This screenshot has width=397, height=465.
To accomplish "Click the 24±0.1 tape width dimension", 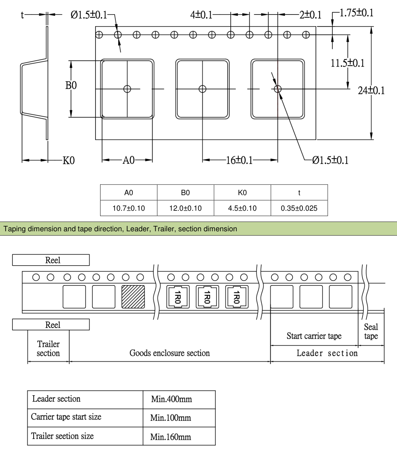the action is [371, 90].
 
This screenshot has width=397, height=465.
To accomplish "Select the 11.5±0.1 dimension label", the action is [347, 63].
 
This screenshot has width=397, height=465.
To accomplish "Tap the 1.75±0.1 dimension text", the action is [356, 13].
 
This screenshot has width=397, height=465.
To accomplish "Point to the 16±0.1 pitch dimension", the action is [239, 160].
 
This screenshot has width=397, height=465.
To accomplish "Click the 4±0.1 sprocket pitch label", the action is [201, 15].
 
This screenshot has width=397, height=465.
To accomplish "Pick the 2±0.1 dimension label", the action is [310, 15].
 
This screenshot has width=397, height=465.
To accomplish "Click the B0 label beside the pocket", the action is [71, 85].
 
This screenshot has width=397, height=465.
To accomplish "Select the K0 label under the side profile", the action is [69, 160].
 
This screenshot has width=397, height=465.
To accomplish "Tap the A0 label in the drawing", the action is [128, 160].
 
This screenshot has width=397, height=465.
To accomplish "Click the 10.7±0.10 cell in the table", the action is [128, 208].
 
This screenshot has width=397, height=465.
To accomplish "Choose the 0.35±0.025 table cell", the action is [299, 208].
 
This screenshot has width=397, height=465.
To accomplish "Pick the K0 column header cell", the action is [242, 193].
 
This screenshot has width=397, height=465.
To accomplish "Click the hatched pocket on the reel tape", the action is [133, 297].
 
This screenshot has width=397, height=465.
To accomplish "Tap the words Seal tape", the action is [371, 331].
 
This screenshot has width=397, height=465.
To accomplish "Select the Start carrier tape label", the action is [314, 336].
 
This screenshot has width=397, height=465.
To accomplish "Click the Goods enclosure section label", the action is [169, 353].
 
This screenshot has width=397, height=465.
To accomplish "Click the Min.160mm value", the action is [171, 437].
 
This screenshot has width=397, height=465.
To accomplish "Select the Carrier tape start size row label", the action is [66, 416].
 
